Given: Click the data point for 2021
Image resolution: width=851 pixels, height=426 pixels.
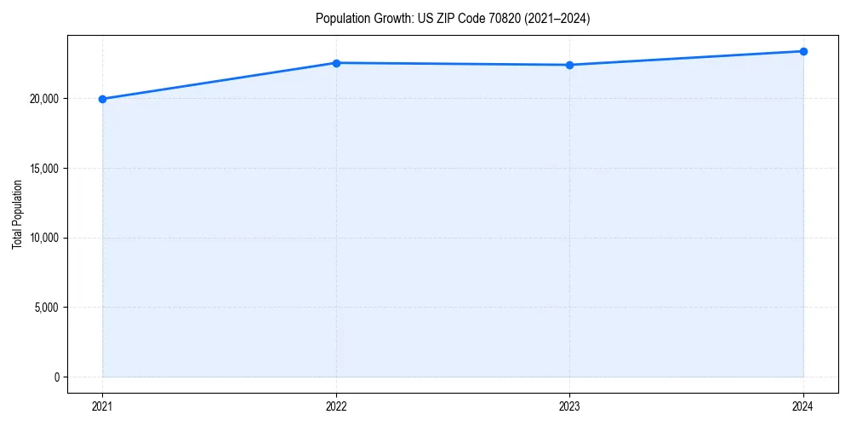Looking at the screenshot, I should (102, 99).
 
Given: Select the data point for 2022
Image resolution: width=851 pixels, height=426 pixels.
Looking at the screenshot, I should (336, 63).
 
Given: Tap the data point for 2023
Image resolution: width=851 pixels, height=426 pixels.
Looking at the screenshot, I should (569, 65).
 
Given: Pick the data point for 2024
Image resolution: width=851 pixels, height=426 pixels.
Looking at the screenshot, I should (803, 51).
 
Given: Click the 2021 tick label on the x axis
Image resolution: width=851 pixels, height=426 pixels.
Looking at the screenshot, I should (102, 406).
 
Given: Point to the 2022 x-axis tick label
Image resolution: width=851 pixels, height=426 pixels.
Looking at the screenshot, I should (336, 406).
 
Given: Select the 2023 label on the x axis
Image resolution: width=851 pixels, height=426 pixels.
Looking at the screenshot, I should (569, 406).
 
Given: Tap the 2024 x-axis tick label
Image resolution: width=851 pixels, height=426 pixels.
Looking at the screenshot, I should (803, 406).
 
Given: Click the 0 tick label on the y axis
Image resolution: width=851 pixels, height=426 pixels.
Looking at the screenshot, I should (56, 377).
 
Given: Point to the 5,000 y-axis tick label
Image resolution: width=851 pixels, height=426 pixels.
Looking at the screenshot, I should (45, 308).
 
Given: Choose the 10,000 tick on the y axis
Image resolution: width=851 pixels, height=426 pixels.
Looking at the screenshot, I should (43, 238).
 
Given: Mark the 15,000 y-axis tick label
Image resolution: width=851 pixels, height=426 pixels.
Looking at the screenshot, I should (43, 168).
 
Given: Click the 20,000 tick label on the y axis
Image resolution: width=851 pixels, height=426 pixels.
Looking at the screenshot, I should (43, 99).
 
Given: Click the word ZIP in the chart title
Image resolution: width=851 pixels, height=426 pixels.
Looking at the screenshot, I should (440, 19).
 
